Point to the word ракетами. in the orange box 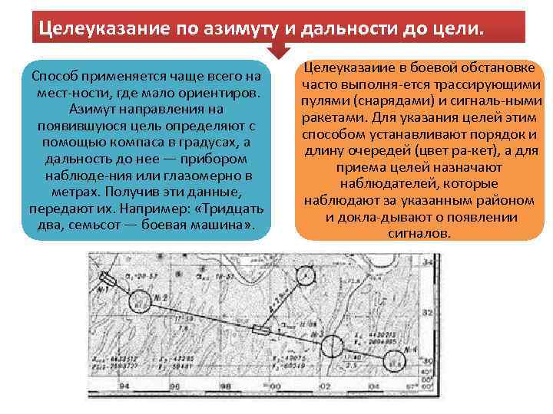coord(328,117)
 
